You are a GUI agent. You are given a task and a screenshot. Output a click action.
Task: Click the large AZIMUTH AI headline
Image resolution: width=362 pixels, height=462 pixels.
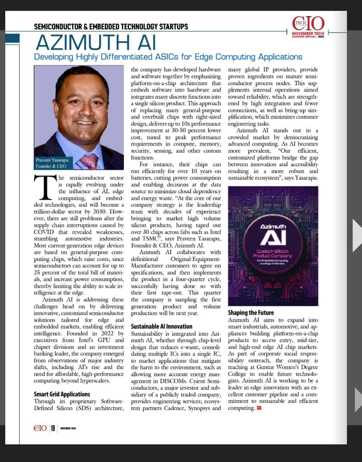(x=96, y=42)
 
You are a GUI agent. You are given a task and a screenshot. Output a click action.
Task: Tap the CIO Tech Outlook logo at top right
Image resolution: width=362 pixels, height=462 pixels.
(x=308, y=26)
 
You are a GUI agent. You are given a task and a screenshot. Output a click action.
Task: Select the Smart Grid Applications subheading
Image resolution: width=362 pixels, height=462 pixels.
(x=62, y=394)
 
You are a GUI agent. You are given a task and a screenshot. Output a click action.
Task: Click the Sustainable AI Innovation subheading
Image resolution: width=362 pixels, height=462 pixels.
(x=161, y=326)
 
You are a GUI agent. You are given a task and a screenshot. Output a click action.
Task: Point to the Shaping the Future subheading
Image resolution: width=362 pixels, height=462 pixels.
(x=251, y=313)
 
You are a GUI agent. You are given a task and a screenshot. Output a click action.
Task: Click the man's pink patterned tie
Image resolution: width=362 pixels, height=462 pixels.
(x=90, y=161)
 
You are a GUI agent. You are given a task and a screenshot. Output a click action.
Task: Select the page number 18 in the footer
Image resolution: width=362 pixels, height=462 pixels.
(x=53, y=428)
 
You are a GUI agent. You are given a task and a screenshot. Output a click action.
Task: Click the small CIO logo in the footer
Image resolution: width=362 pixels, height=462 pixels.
(x=40, y=428)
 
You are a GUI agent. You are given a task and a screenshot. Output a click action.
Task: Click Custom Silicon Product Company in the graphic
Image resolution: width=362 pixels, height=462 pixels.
(x=273, y=253)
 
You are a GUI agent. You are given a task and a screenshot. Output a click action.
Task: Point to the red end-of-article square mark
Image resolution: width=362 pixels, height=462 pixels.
(x=259, y=408)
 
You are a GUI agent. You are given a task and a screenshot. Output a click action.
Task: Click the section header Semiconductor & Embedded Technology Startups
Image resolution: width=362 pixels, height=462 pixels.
(x=111, y=27)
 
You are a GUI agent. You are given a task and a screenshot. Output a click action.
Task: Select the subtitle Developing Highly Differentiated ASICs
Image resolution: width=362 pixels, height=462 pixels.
(x=168, y=57)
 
